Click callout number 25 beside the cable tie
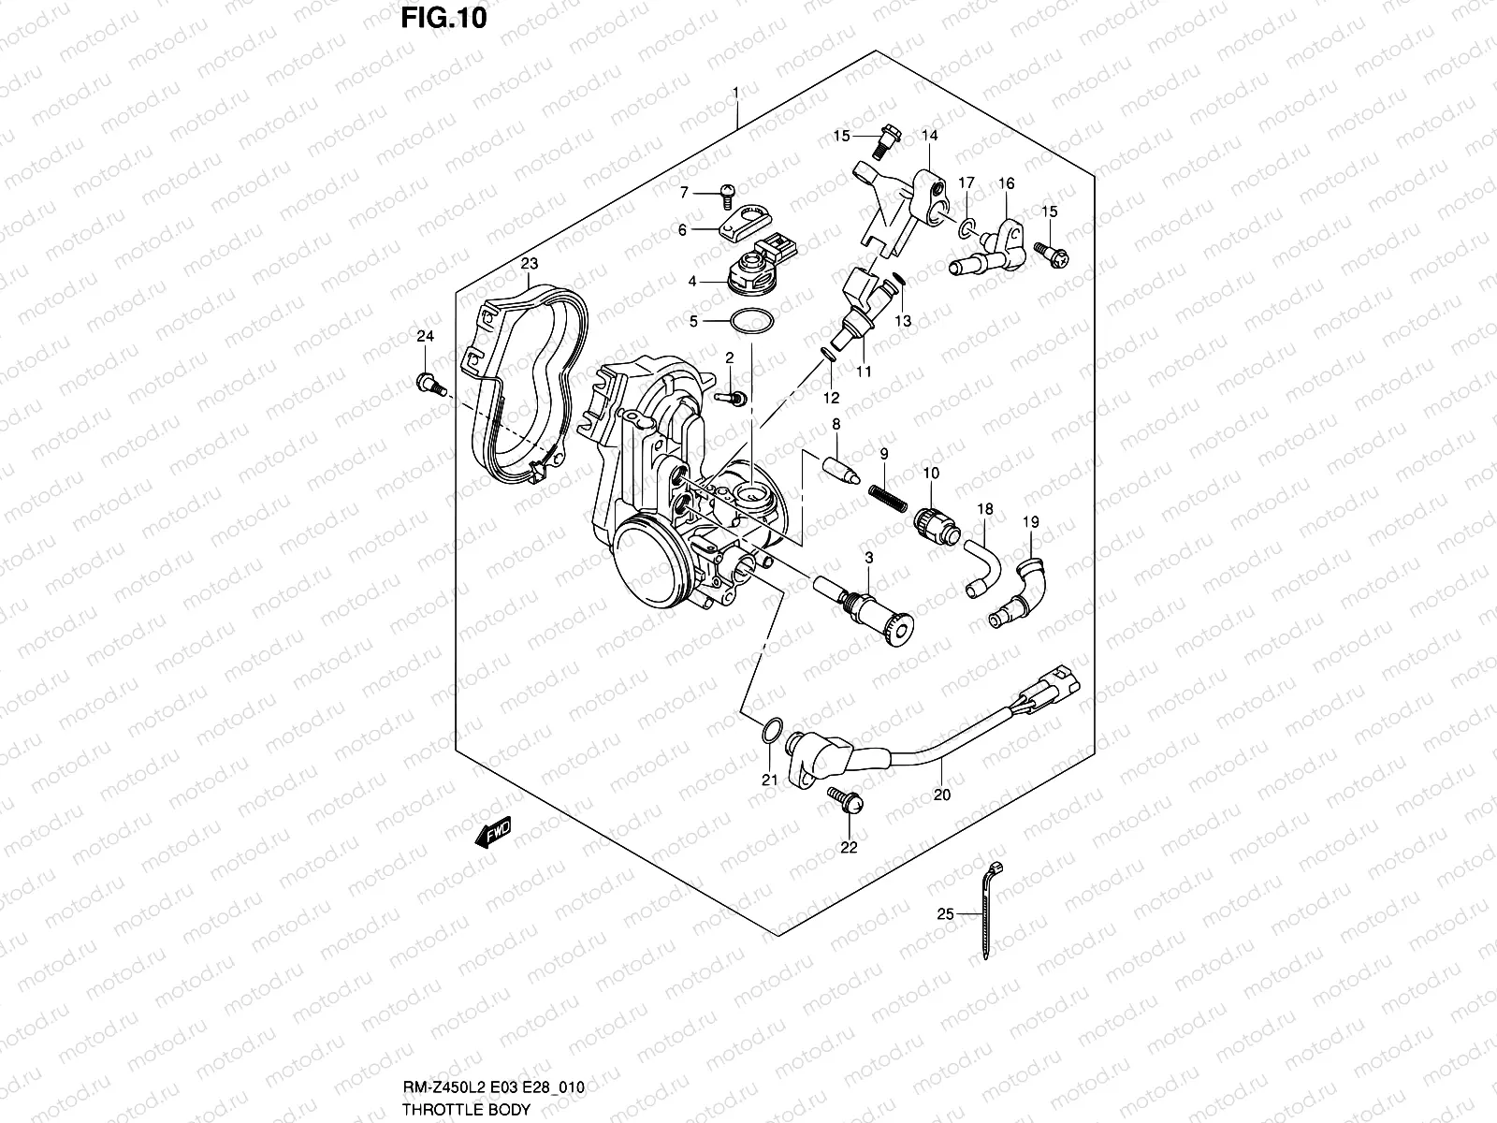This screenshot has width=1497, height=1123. click(945, 914)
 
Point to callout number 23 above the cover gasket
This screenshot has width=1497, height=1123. click(529, 265)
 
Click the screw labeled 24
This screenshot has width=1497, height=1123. click(429, 383)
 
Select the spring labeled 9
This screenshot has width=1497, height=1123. click(888, 497)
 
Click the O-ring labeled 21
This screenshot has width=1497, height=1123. click(769, 729)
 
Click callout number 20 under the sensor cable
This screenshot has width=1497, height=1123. click(942, 795)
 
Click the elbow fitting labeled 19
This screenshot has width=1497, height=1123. click(1022, 591)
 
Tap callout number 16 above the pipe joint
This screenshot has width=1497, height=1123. click(1006, 183)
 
